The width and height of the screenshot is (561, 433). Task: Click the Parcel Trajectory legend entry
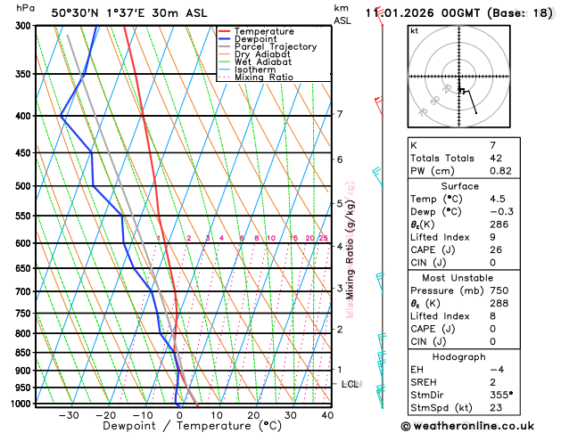(275, 46)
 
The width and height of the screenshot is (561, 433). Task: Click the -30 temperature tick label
(69, 415)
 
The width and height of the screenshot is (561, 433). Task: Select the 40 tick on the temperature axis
(327, 415)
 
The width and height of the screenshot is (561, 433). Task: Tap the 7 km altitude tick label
(340, 114)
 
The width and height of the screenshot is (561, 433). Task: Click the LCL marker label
(351, 384)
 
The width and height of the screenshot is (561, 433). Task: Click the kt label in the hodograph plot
(415, 30)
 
